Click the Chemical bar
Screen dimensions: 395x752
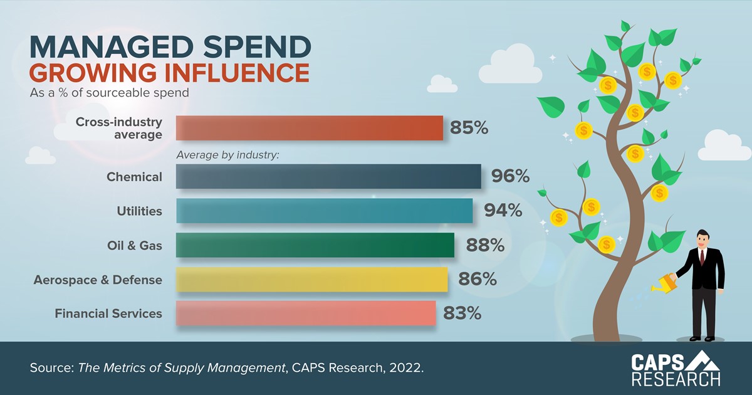coord(328,177)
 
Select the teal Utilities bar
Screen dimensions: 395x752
coord(324,211)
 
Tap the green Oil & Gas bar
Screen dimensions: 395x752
coord(315,245)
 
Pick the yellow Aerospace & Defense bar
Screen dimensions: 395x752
coord(311,279)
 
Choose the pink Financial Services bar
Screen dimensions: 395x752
coord(306,313)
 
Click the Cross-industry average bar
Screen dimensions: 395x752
coord(310,128)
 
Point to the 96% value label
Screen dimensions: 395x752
coord(510,177)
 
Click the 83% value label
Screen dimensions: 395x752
coord(462,313)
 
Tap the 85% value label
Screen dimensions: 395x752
coord(469,128)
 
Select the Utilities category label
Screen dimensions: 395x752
coord(139,211)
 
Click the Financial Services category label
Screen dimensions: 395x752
coord(108,313)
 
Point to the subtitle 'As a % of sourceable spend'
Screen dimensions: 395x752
coord(110,93)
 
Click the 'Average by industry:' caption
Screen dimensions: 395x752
coord(227,154)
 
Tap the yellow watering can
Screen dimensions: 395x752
coord(662,284)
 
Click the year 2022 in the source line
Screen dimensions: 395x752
coord(408,367)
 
